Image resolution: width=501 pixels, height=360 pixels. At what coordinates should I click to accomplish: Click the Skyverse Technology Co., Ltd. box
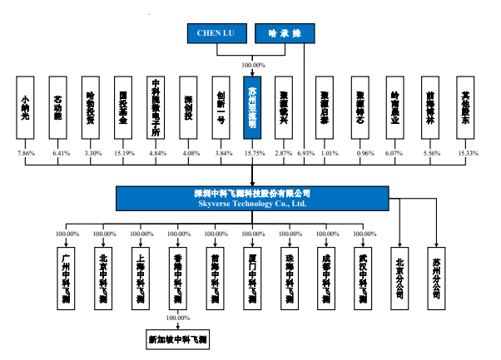point(252,198)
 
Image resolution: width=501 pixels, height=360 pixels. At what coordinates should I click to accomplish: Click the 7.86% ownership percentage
point(27,154)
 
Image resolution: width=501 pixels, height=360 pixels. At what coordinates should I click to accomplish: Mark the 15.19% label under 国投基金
point(122,154)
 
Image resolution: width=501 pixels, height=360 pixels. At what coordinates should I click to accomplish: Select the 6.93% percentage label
point(305,154)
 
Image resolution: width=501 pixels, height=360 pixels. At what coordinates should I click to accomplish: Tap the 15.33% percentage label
point(469,154)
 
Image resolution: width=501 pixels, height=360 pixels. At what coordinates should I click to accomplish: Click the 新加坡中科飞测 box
point(176,339)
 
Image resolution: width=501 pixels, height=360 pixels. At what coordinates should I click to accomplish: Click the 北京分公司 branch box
point(402,278)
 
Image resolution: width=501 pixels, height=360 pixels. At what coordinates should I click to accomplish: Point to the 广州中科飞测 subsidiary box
point(67,278)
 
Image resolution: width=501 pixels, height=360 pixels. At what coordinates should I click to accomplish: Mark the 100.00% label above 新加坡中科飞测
point(177,318)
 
